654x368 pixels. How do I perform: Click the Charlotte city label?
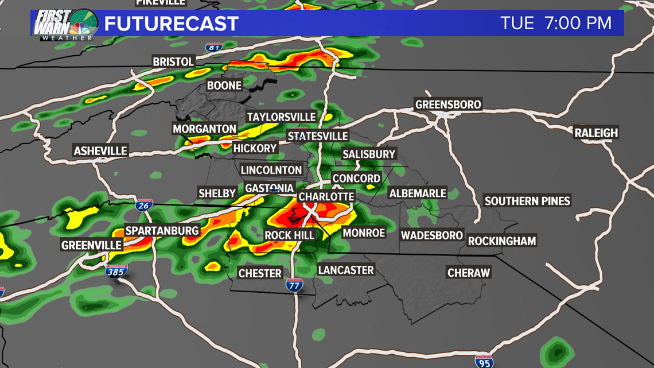click(326, 197)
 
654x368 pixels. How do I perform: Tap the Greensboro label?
click(448, 105)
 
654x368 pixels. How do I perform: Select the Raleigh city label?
click(597, 133)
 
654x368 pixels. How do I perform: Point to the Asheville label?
click(100, 151)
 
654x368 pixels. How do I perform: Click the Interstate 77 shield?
click(294, 284)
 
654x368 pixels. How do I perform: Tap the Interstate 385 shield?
click(116, 271)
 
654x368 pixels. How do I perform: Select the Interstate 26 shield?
click(144, 205)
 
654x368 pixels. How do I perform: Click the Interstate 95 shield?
click(484, 362)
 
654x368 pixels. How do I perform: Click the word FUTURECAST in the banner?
click(171, 24)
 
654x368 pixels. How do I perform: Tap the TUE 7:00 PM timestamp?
click(556, 24)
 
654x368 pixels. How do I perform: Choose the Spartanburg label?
click(162, 231)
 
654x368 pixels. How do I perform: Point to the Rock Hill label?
click(289, 235)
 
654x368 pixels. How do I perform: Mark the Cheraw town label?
click(469, 273)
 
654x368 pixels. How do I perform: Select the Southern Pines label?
click(527, 201)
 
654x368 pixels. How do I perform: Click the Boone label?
click(224, 86)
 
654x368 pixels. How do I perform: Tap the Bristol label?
click(173, 61)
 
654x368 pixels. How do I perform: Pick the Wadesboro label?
click(431, 235)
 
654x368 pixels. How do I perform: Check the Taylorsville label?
click(281, 117)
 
